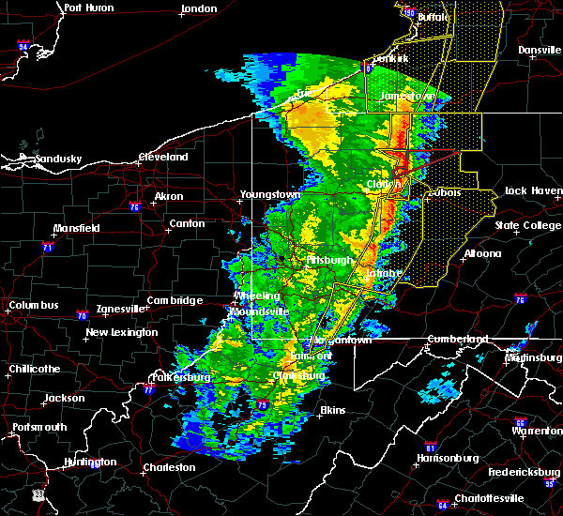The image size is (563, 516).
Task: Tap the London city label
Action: (x=199, y=8)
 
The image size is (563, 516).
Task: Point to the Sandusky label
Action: (x=59, y=159)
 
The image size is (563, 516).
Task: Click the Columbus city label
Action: (x=34, y=305)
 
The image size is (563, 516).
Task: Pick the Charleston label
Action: (x=169, y=467)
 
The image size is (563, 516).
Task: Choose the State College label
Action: (x=527, y=225)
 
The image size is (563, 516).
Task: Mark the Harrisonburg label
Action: (x=447, y=458)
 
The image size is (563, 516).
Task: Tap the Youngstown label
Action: (x=269, y=194)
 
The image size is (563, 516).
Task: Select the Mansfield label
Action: (x=76, y=228)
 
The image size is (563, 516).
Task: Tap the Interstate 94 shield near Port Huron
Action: (x=23, y=46)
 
